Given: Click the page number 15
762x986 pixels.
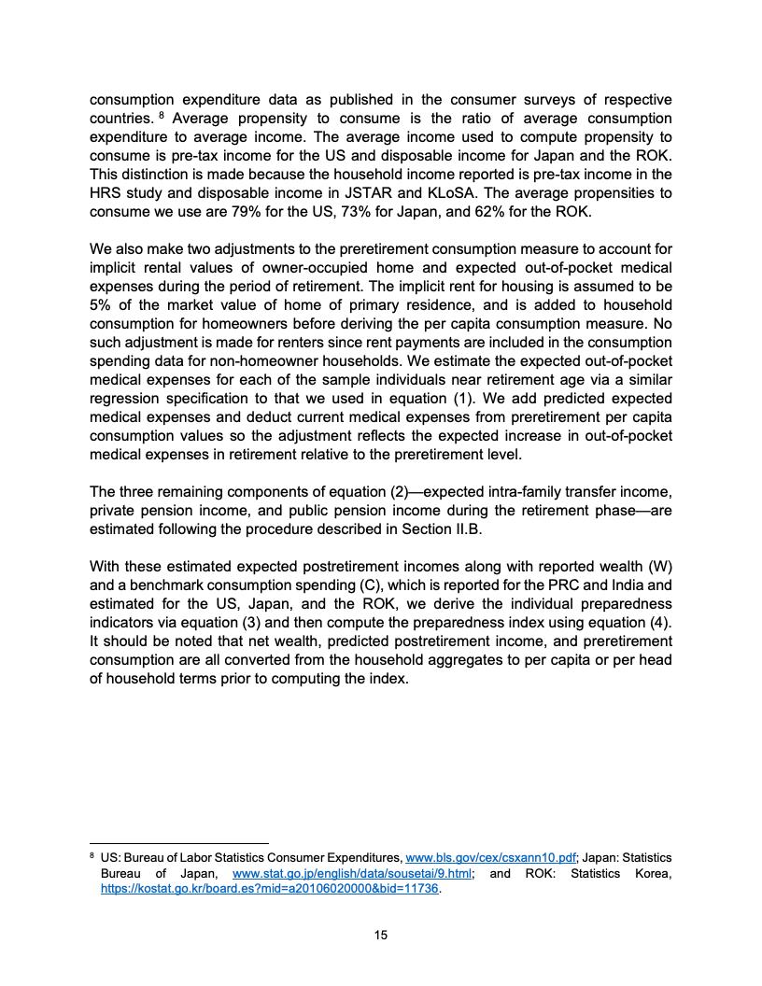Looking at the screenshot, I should pos(380,935).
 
